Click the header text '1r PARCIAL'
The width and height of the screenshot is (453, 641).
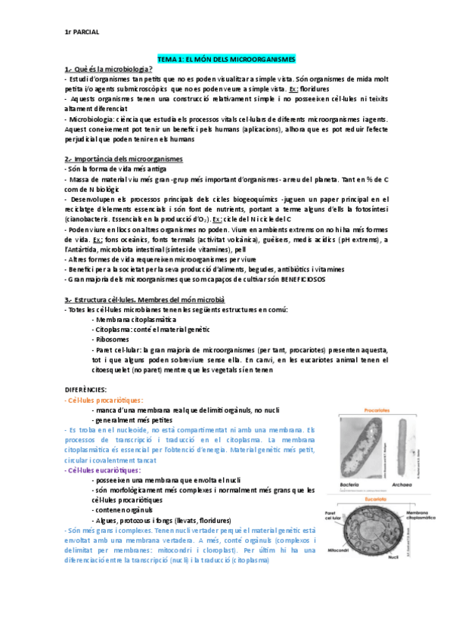point(83,32)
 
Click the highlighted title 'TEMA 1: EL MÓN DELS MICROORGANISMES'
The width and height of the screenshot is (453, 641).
point(227,59)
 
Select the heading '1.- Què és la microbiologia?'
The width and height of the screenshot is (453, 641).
point(109,69)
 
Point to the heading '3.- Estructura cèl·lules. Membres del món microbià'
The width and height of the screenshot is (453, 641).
point(145,300)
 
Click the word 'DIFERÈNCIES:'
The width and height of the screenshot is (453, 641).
point(86,390)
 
